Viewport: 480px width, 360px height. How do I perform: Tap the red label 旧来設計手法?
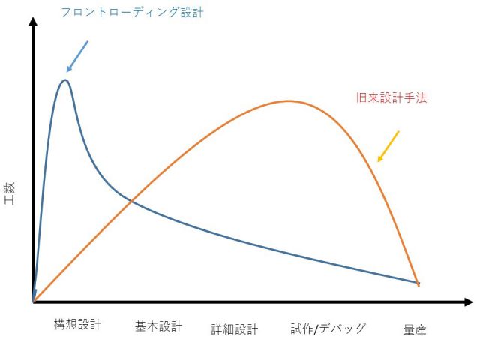pos(391,97)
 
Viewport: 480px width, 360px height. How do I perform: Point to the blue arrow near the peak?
pos(77,56)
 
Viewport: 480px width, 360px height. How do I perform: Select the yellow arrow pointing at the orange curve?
pos(388,146)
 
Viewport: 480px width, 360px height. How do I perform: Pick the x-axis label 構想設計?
pos(77,325)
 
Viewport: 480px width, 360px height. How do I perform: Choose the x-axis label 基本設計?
pos(158,326)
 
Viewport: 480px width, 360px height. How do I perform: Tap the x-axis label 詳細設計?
pos(234,328)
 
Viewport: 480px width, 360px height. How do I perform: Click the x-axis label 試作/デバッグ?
pos(328,328)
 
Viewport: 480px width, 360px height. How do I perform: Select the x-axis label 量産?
pos(415,328)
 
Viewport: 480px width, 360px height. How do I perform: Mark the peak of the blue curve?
pos(65,79)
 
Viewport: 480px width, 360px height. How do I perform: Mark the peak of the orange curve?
pos(288,100)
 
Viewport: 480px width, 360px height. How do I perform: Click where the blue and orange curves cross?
pos(131,200)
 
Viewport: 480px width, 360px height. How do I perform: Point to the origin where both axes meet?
pos(33,302)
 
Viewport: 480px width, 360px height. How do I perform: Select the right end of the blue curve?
pos(418,283)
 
